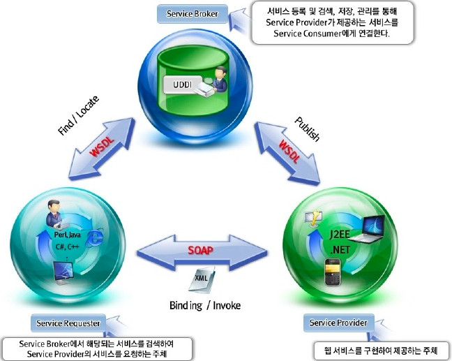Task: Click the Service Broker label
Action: click(192, 14)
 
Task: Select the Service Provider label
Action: click(338, 323)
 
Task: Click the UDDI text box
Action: click(179, 86)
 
